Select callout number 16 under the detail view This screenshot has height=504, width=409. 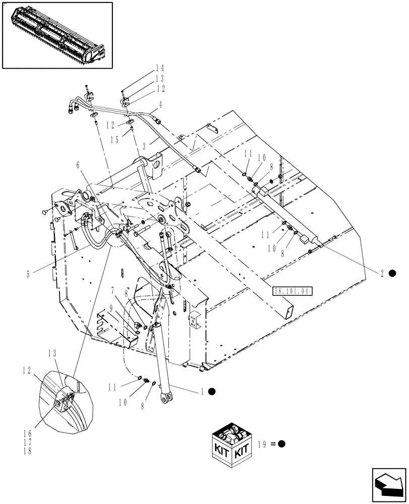point(27,432)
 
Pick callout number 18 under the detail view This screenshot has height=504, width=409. point(27,451)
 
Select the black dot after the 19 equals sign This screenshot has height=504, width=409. point(282,444)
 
